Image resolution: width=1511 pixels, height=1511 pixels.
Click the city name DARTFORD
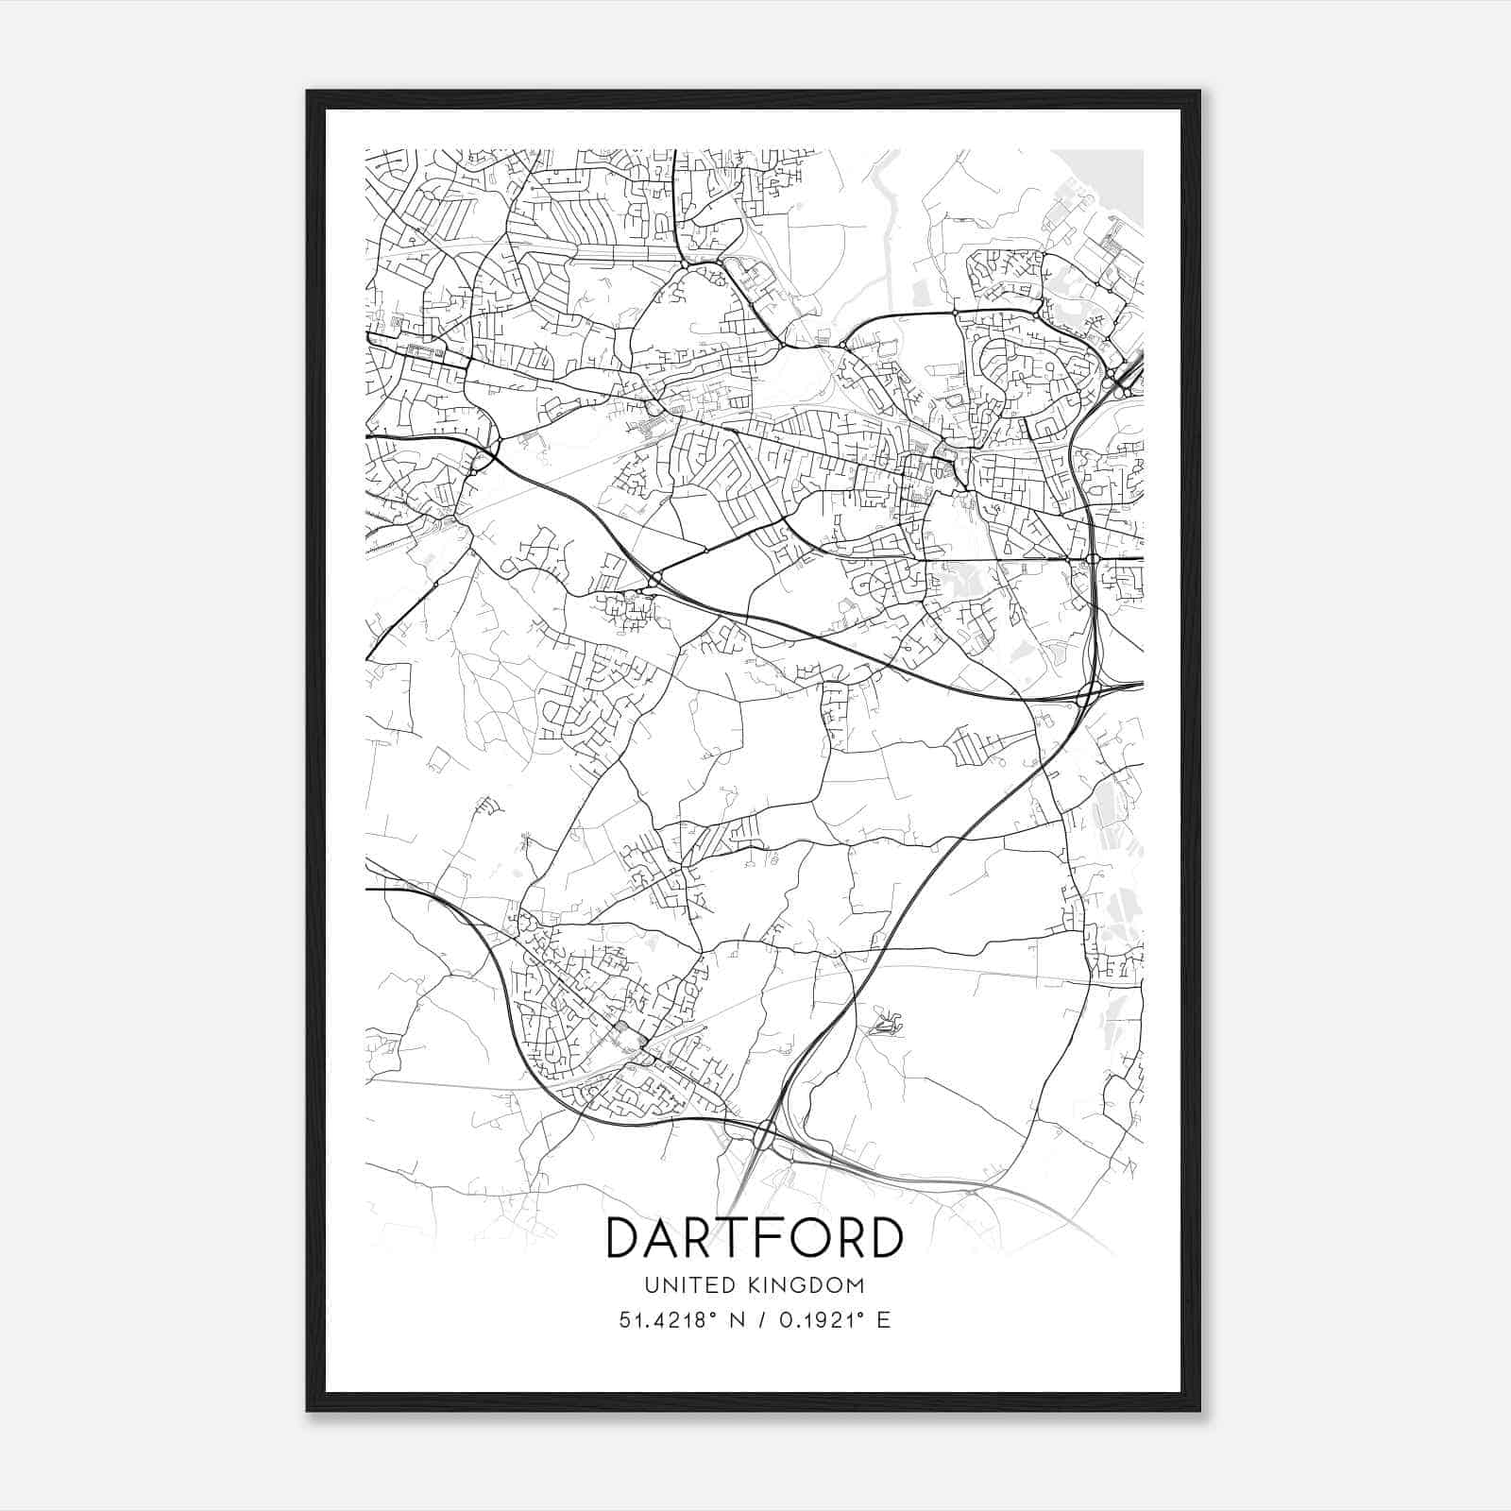click(754, 1238)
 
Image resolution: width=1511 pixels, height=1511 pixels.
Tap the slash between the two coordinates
click(760, 1320)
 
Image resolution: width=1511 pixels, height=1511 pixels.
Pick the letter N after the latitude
click(735, 1320)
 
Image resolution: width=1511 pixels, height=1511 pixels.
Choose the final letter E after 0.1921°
click(884, 1320)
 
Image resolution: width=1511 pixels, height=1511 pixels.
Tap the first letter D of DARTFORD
click(623, 1238)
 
